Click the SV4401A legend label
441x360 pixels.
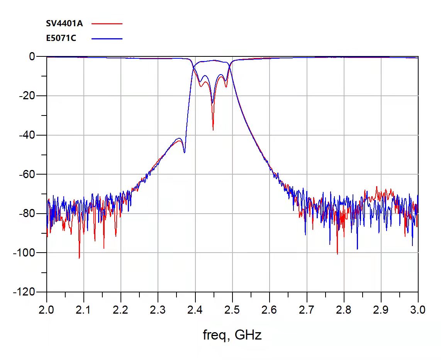[64, 23]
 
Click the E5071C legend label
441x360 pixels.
[61, 38]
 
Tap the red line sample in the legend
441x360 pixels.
[107, 24]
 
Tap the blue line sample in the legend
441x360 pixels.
[107, 39]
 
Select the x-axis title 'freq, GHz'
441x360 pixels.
[232, 335]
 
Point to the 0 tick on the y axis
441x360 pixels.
[32, 57]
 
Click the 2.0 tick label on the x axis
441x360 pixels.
[47, 310]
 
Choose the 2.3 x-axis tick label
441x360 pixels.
[158, 310]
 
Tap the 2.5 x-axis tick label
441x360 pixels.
[232, 310]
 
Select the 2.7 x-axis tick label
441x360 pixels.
[307, 310]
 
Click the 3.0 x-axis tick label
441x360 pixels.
[418, 310]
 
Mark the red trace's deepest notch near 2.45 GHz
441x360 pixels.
[213, 129]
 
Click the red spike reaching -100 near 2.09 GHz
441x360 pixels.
[79, 258]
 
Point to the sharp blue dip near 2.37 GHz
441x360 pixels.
[184, 152]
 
